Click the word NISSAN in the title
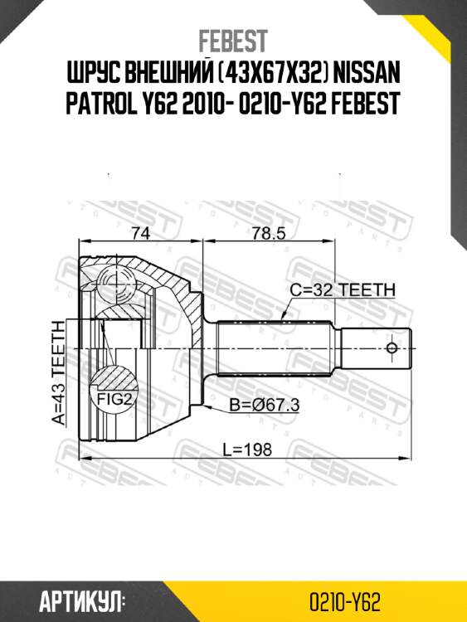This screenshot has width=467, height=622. coord(362,75)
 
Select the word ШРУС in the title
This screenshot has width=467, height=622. coord(92,75)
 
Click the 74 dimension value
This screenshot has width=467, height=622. coord(142,234)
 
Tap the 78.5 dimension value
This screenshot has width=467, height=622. coord(269,234)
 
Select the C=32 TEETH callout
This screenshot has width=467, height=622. coord(343,290)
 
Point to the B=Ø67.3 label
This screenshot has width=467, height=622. coord(263,406)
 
